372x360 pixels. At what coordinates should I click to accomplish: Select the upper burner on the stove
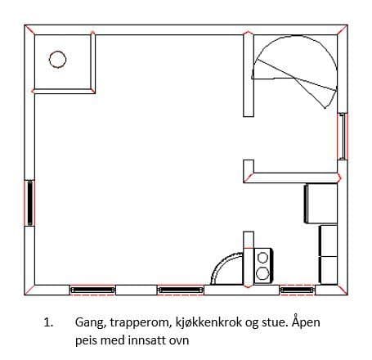tap(262, 258)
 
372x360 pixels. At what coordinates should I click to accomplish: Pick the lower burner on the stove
tap(262, 273)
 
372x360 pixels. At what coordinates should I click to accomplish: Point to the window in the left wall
tap(29, 203)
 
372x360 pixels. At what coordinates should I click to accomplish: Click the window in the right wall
tap(343, 136)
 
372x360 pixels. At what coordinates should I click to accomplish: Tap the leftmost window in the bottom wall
tap(92, 290)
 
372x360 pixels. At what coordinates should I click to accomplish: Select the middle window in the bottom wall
tap(181, 290)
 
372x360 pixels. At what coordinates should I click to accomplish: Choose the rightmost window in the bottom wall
tap(298, 290)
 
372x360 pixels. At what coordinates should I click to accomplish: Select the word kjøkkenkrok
tap(208, 322)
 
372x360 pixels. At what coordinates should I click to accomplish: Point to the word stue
tap(275, 322)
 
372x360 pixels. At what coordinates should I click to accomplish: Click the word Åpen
tap(306, 322)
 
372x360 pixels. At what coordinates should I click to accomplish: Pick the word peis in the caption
tap(86, 341)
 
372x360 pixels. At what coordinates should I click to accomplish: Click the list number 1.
tap(48, 322)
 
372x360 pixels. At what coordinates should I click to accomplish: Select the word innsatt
tap(147, 340)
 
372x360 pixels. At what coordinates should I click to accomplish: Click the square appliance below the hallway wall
tap(320, 204)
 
